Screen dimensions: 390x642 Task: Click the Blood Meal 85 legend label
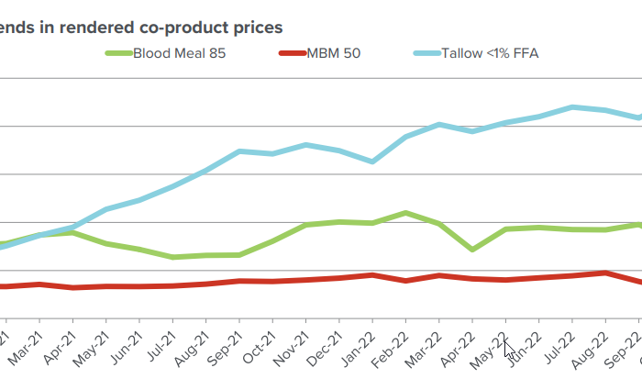179,53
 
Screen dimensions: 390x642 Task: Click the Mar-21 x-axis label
26,350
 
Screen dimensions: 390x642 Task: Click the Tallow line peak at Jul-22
572,106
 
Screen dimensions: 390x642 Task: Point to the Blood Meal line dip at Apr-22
472,249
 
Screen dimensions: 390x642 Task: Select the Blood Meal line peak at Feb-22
405,213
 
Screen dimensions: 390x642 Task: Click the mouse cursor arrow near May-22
509,349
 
